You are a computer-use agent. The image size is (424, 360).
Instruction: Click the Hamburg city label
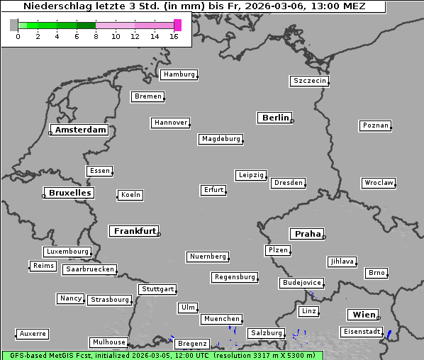click(x=179, y=74)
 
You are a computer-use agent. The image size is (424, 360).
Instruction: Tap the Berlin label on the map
click(x=275, y=118)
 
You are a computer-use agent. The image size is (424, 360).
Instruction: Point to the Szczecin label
click(x=310, y=81)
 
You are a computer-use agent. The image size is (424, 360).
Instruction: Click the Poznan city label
click(x=375, y=125)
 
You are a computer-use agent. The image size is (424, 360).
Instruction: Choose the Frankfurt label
click(x=134, y=231)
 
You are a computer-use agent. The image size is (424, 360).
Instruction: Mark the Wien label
click(x=362, y=315)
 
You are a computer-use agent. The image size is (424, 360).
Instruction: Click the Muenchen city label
click(x=221, y=319)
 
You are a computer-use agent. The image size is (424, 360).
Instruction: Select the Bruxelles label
click(x=69, y=193)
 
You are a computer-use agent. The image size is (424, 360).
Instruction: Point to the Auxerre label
click(x=33, y=333)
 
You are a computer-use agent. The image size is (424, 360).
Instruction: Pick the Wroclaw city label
click(x=378, y=183)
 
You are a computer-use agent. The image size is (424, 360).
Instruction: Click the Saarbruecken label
click(x=89, y=269)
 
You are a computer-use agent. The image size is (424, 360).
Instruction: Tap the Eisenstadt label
click(x=362, y=332)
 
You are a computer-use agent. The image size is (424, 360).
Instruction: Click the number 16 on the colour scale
click(x=174, y=36)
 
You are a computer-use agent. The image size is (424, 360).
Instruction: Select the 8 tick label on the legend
click(x=96, y=36)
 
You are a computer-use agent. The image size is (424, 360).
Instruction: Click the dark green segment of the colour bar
click(x=85, y=26)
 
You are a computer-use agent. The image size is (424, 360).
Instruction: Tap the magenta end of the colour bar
click(x=177, y=26)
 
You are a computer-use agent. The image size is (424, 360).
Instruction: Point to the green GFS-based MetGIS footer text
click(x=162, y=355)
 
